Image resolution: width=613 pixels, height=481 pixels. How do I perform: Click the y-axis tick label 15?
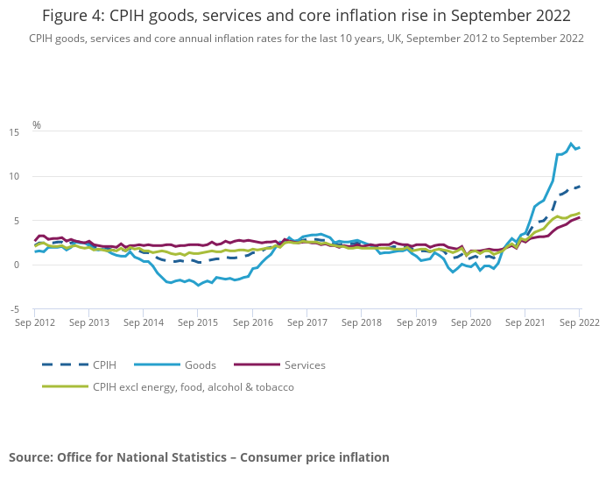[14, 131]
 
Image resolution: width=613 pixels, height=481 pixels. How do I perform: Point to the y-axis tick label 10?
[14, 176]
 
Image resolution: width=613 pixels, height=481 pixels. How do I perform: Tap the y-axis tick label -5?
[14, 309]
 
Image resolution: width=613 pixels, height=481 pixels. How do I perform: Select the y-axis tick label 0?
[17, 265]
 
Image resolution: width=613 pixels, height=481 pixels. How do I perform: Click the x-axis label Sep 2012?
[35, 322]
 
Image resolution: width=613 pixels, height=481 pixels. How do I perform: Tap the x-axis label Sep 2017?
[307, 322]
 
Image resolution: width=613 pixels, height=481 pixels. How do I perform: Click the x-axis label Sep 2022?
[579, 322]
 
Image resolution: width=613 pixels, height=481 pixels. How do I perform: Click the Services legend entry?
[305, 365]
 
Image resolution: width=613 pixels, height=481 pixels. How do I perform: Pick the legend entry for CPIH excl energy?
[193, 387]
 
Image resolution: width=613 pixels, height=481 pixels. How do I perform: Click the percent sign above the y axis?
[37, 125]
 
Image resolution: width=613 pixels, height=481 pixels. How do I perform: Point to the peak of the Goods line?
[572, 144]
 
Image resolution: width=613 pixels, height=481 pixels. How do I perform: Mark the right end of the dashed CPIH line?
[579, 187]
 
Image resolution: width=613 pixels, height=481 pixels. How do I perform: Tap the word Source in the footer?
[31, 457]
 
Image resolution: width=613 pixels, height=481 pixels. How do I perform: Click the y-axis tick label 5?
[17, 221]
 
